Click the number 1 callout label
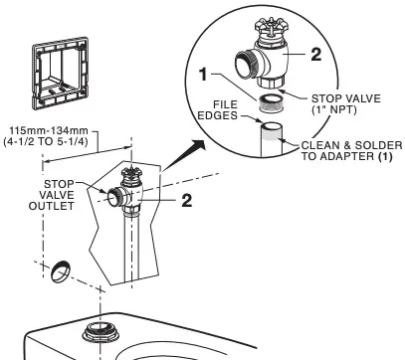click(204, 75)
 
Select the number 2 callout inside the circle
click(316, 54)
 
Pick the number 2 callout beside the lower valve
click(187, 200)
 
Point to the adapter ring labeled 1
click(270, 103)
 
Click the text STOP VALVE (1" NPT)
click(346, 103)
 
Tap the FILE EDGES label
click(218, 110)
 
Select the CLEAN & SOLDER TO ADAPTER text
click(351, 150)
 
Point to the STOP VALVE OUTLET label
click(52, 195)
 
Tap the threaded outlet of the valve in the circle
click(247, 65)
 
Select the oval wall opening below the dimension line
click(61, 271)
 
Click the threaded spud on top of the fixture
click(101, 332)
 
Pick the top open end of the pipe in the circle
click(272, 126)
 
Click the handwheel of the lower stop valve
click(131, 173)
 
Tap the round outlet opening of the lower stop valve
click(113, 198)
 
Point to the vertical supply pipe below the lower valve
click(132, 250)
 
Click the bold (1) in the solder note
click(385, 156)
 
